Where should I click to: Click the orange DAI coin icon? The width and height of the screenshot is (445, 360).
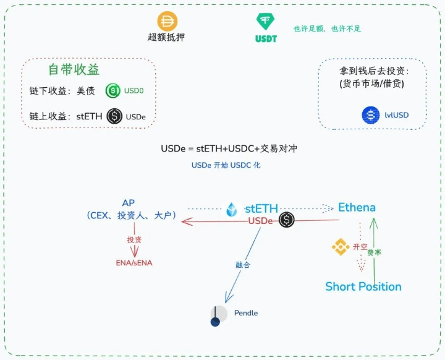(x=167, y=21)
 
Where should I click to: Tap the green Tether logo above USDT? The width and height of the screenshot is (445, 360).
(x=266, y=21)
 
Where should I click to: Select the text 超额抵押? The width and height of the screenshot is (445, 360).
(x=166, y=38)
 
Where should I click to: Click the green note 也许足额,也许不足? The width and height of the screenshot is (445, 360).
(x=326, y=28)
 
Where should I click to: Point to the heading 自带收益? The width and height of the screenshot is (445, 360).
(x=74, y=69)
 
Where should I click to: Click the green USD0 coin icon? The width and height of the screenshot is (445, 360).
(x=113, y=91)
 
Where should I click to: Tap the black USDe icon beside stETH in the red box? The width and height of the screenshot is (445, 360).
(x=114, y=116)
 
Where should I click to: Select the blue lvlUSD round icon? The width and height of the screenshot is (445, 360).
(x=371, y=115)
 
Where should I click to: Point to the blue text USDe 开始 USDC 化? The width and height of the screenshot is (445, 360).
(x=226, y=166)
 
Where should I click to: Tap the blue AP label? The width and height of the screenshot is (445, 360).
(x=129, y=203)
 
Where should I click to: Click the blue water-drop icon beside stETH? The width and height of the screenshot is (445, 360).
(x=232, y=209)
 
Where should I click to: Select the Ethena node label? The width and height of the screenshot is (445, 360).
(x=357, y=207)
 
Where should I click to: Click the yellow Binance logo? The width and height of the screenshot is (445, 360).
(x=341, y=247)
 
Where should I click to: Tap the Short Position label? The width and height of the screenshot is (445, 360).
(x=363, y=286)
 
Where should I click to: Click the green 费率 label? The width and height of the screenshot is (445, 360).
(x=375, y=252)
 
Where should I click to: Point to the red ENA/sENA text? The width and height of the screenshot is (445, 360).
(x=133, y=262)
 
